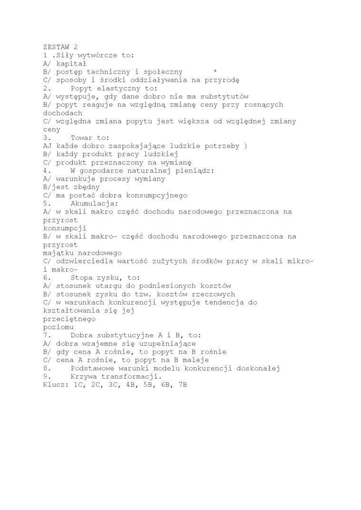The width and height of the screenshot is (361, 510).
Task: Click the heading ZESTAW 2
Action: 60,47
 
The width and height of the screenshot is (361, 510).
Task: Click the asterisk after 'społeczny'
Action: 215,72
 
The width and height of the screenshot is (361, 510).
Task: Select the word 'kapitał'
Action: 71,64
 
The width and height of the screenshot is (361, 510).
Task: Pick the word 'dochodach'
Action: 62,113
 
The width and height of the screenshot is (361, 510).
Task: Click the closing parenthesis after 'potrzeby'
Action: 246,146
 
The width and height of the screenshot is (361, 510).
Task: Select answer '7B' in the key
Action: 182,385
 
